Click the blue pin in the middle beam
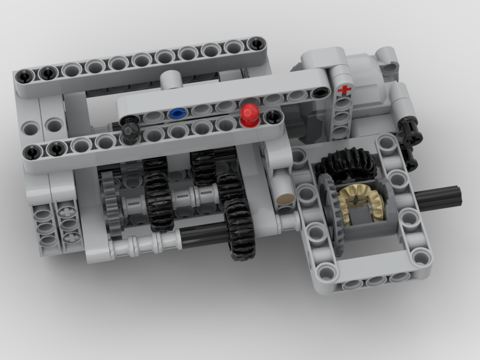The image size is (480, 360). point(176,113)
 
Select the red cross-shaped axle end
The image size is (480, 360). point(344,91)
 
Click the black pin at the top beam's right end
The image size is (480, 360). point(256,43)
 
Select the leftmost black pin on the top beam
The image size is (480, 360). point(25,76)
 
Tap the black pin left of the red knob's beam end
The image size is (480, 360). point(273,116)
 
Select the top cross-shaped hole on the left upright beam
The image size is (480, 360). point(67,212)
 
